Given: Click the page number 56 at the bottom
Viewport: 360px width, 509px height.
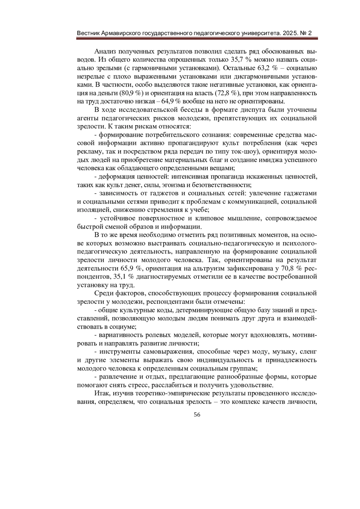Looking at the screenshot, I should pos(197,415).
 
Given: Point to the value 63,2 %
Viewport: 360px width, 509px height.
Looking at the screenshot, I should pos(267,68).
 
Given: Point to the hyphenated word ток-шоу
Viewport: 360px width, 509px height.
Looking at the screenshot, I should pos(240,151).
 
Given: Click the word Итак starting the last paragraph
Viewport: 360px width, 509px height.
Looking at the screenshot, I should pos(101,393).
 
